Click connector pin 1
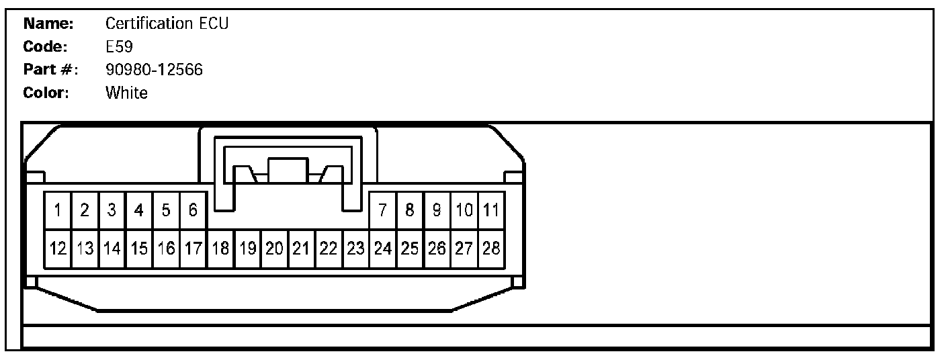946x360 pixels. click(58, 211)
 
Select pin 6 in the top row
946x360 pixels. click(193, 211)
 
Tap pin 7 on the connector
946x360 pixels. click(382, 211)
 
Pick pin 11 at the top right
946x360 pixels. click(491, 211)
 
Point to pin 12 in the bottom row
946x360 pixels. click(58, 249)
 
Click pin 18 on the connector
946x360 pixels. click(220, 249)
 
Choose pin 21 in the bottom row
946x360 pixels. click(301, 249)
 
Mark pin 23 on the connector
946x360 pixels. click(355, 249)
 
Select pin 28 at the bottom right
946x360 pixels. click(491, 249)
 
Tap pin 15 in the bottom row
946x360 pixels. click(139, 249)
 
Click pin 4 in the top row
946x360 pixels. click(139, 211)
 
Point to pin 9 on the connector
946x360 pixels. click(437, 211)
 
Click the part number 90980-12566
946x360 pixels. click(155, 70)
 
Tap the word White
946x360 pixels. click(126, 93)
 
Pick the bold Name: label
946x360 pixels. click(48, 24)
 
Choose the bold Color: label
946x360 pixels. click(46, 93)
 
